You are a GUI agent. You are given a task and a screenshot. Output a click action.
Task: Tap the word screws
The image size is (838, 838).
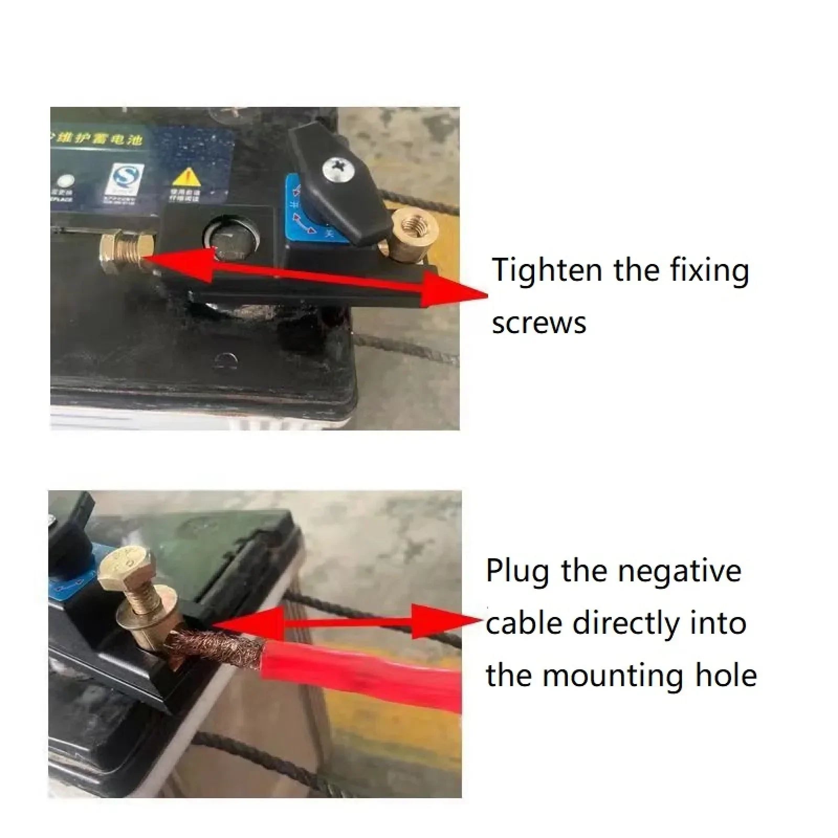coord(539,323)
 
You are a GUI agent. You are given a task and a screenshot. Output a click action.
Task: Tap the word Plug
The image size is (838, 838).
coord(517,572)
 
